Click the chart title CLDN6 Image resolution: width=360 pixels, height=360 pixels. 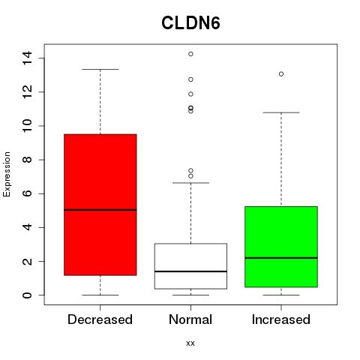tap(190, 23)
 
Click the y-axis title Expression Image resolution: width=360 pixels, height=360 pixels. tap(7, 174)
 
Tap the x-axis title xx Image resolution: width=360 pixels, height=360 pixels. tap(190, 343)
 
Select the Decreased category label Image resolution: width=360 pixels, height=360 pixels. tap(100, 319)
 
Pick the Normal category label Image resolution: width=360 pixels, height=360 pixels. tap(190, 319)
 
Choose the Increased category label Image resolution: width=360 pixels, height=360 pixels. tap(281, 319)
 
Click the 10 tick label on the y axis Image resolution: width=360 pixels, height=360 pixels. tap(27, 126)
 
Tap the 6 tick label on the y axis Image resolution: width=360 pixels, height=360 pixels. tap(27, 193)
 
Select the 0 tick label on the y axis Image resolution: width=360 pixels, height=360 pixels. tap(27, 295)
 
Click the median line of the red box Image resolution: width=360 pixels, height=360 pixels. tap(100, 210)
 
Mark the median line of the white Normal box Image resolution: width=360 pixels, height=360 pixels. tap(190, 271)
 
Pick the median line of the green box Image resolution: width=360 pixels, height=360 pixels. tap(281, 258)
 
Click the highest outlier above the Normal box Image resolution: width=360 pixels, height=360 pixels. tap(190, 54)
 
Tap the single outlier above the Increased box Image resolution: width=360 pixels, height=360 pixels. tap(281, 74)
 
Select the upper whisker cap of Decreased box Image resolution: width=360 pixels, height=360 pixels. tap(100, 69)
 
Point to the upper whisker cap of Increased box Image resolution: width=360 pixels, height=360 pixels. tap(281, 112)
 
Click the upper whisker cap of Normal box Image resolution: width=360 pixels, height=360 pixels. tap(190, 183)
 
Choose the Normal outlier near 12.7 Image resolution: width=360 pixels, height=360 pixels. tap(190, 79)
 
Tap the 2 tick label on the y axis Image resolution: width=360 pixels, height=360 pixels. tap(27, 261)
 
